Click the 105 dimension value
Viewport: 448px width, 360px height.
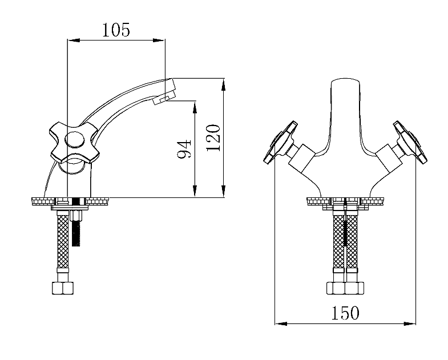pyautogui.click(x=116, y=30)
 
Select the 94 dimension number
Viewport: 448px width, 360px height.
pyautogui.click(x=184, y=149)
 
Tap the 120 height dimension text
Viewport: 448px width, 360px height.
pyautogui.click(x=213, y=138)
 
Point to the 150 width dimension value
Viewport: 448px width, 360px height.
pyautogui.click(x=345, y=313)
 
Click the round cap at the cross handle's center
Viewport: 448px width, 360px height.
pyautogui.click(x=75, y=140)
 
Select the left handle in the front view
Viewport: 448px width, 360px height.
pyautogui.click(x=281, y=143)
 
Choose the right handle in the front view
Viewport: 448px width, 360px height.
pyautogui.click(x=410, y=143)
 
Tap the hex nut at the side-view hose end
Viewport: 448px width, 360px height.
pyautogui.click(x=63, y=288)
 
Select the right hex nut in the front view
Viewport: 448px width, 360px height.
pyautogui.click(x=354, y=288)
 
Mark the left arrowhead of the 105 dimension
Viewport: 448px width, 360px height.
pyautogui.click(x=73, y=41)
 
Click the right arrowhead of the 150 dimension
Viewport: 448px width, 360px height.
pyautogui.click(x=409, y=323)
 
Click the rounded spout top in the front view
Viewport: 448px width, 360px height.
pyautogui.click(x=345, y=83)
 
